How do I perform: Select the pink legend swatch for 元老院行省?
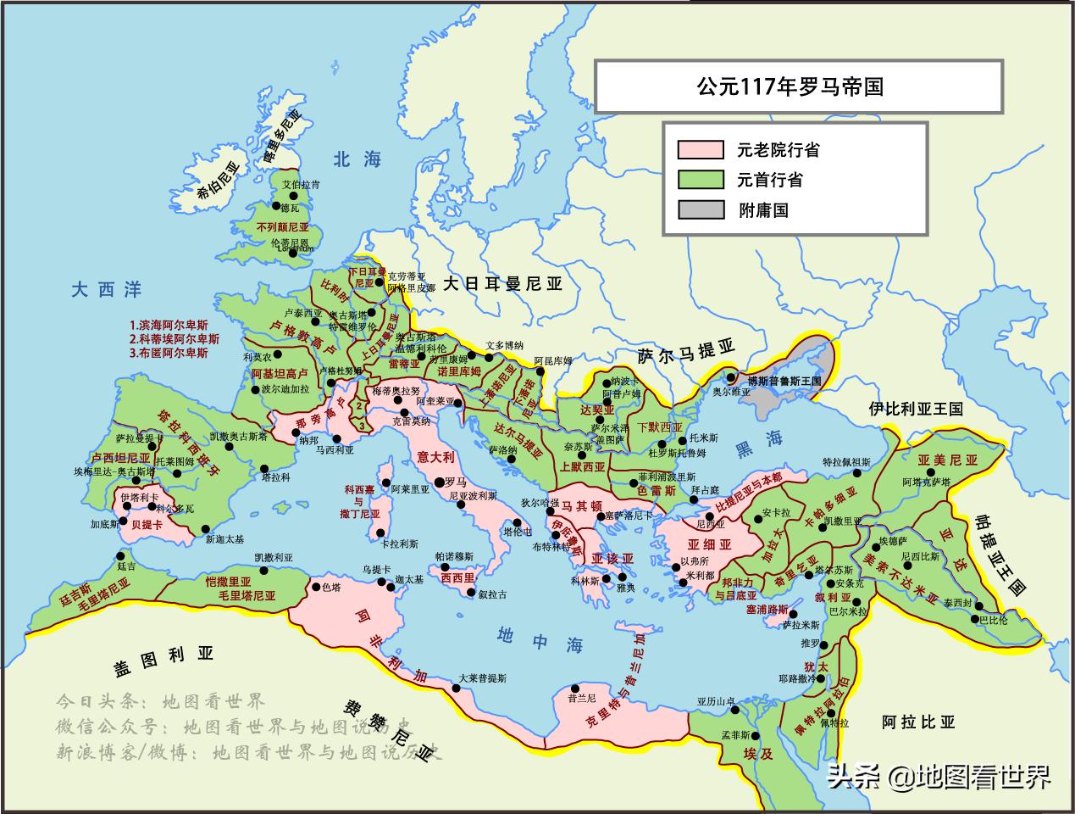click(700, 150)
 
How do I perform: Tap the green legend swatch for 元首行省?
click(700, 180)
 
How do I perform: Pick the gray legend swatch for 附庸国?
click(700, 209)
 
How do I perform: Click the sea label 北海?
click(357, 159)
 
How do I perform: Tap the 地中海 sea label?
click(540, 639)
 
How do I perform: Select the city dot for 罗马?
click(439, 482)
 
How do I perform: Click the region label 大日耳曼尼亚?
click(502, 284)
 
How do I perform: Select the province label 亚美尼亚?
click(947, 460)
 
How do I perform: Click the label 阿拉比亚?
click(917, 722)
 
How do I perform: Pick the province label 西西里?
click(457, 577)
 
